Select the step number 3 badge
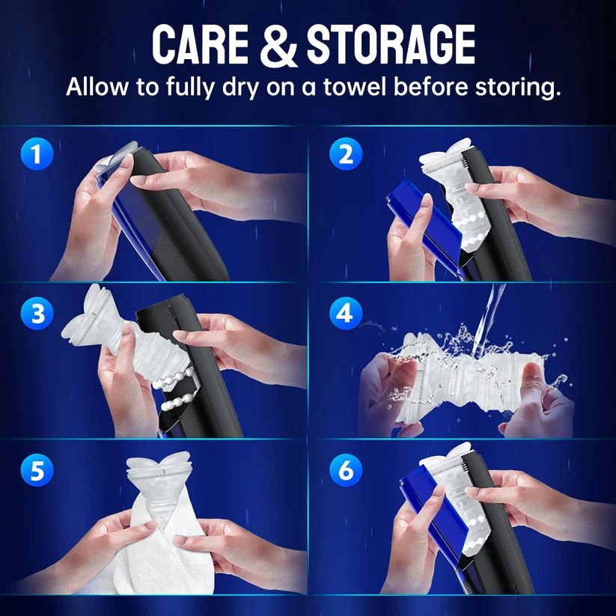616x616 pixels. (37, 314)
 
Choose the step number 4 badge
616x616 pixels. (346, 314)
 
